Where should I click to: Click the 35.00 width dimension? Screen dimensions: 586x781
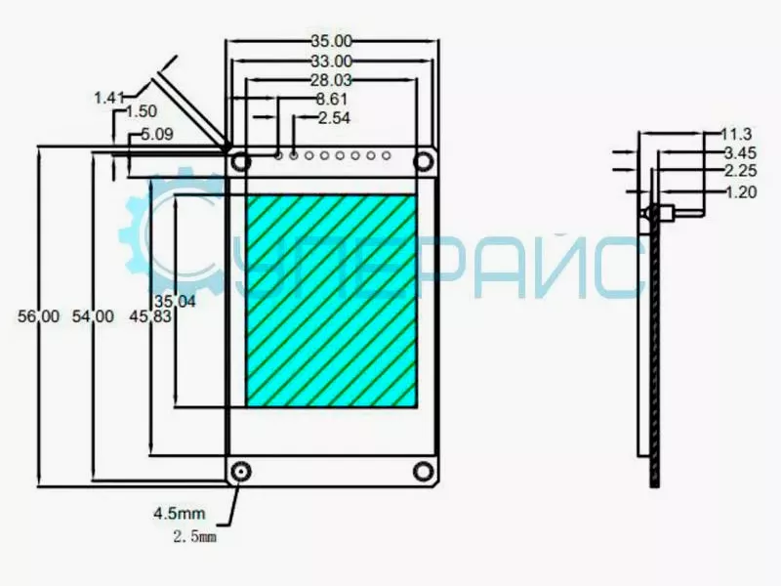tap(331, 41)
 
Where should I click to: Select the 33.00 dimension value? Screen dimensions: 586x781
tap(331, 61)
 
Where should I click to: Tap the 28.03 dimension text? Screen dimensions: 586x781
tap(331, 79)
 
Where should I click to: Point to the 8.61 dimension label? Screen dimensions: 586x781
tap(332, 99)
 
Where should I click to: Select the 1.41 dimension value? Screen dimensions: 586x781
tap(108, 97)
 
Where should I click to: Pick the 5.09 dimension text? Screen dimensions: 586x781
tap(157, 135)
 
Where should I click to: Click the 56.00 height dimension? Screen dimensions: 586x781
tap(38, 316)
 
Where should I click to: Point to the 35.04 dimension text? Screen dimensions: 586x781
tap(175, 301)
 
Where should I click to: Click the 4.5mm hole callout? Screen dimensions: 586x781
tap(178, 513)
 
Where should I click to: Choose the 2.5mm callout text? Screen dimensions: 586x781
tap(193, 536)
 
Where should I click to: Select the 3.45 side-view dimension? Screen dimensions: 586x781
tap(740, 153)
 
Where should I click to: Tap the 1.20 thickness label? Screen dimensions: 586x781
tap(741, 192)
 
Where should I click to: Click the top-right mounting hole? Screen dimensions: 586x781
tap(425, 160)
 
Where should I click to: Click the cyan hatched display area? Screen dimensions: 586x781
tap(331, 301)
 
